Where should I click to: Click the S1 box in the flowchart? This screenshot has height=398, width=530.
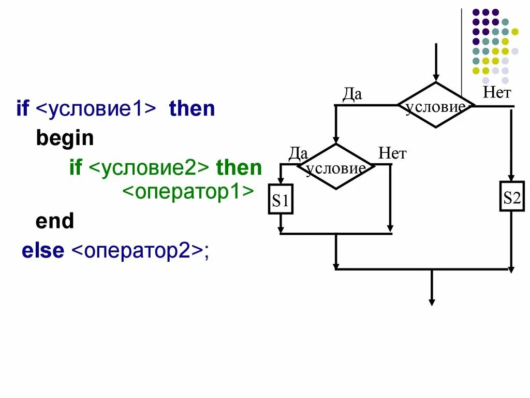281,199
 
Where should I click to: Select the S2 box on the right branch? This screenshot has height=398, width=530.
511,196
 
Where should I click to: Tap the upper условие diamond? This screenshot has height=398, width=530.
436,105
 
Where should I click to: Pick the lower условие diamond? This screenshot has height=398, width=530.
336,166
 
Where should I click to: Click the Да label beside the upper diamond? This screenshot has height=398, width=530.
352,95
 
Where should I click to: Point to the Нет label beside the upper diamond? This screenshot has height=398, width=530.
497,93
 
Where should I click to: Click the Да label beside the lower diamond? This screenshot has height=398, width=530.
298,153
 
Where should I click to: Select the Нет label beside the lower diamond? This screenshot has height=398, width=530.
392,153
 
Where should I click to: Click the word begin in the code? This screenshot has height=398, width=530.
65,138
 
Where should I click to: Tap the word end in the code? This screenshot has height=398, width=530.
55,222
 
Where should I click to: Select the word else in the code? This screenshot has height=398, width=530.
43,251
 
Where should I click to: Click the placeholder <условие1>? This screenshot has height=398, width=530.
96,109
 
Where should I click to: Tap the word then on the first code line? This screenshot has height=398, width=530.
192,109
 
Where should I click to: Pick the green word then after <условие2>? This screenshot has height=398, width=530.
239,168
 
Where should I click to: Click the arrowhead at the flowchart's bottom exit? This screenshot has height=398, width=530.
432,302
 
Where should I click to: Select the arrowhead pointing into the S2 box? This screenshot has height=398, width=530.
511,177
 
